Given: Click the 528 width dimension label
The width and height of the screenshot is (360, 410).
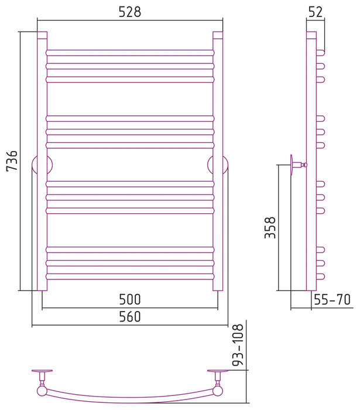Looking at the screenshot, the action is (x=130, y=12).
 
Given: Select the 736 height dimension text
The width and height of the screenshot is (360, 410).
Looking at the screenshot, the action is (x=12, y=161).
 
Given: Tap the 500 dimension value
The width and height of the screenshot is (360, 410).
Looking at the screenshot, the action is (x=130, y=299).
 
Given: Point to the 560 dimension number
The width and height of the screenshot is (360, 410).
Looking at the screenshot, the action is (x=130, y=316).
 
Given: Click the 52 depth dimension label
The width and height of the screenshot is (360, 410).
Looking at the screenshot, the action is (x=316, y=12).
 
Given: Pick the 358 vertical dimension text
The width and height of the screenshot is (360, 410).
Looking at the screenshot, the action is (x=270, y=227).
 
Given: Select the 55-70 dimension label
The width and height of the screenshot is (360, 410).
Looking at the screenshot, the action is (x=332, y=300).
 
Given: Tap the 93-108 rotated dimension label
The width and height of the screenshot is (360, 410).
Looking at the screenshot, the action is (x=238, y=344).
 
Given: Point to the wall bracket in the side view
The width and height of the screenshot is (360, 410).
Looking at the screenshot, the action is (x=299, y=165).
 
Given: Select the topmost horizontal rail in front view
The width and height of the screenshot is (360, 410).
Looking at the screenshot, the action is (x=130, y=53).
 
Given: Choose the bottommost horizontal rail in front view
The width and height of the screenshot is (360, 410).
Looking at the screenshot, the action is (x=130, y=276).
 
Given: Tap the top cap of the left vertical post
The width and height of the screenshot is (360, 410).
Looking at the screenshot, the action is (x=42, y=35).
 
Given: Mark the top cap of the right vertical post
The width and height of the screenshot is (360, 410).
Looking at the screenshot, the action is (x=218, y=35).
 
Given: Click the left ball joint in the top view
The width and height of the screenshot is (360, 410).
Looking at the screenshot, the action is (x=42, y=391).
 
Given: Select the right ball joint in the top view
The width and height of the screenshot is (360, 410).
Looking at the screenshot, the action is (x=218, y=391).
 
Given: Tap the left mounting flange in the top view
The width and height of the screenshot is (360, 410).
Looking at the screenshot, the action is (x=42, y=371).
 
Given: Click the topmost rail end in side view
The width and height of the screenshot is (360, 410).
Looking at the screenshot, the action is (x=321, y=53).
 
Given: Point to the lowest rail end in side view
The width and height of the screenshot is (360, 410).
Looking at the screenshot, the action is (x=321, y=276).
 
